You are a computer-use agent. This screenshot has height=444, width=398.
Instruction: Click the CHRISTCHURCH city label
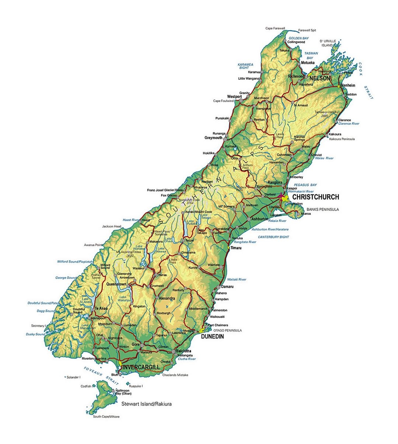315,197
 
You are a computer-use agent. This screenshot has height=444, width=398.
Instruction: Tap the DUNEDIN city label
212,336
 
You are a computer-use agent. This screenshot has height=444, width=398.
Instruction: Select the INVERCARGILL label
141,367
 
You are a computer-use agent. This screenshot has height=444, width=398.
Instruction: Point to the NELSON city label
320,78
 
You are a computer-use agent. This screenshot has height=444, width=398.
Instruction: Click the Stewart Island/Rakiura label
146,404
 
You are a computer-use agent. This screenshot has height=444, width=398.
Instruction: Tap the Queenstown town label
116,284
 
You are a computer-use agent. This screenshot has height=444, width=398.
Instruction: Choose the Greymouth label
213,138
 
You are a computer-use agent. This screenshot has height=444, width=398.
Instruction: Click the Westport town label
234,97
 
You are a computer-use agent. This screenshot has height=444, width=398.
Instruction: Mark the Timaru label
236,248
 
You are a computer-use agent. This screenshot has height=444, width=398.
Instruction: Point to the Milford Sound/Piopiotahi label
75,262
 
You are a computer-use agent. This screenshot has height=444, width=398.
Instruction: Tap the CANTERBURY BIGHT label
273,237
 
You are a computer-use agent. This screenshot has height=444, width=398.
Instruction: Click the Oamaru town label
227,287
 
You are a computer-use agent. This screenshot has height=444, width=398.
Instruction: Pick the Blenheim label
348,85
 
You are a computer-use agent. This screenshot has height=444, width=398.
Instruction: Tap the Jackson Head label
112,226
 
